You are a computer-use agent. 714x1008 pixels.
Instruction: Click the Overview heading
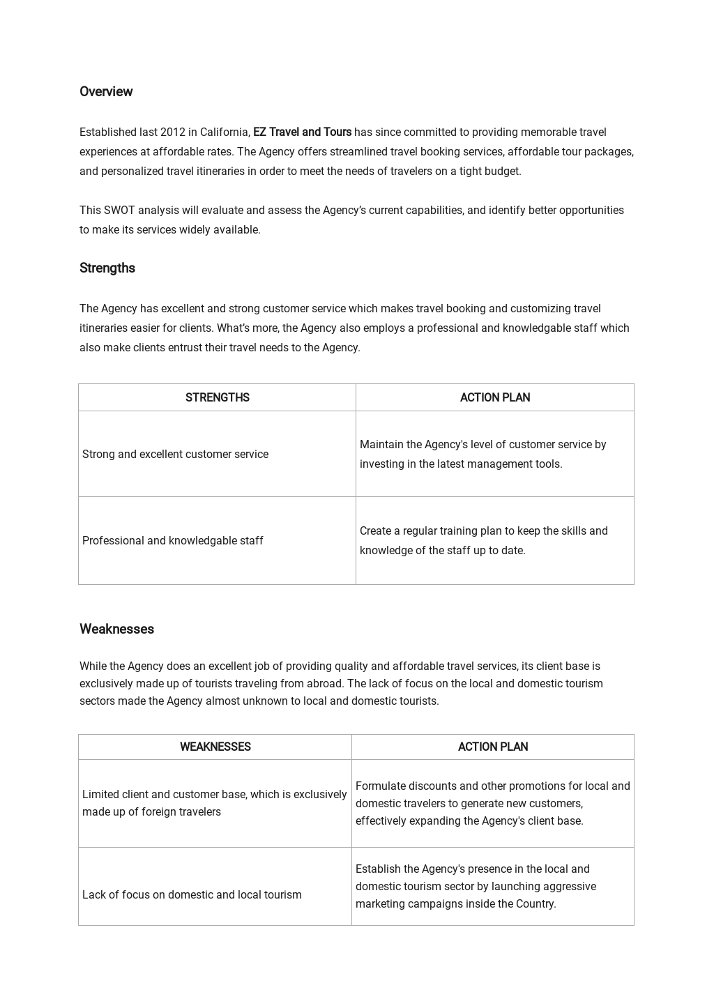[106, 92]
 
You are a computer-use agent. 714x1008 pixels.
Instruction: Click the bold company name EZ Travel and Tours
[302, 132]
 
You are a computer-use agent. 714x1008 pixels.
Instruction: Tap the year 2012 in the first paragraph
[172, 132]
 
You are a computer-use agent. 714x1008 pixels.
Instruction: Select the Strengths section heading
[107, 268]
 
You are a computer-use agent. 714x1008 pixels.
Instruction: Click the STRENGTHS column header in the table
[217, 398]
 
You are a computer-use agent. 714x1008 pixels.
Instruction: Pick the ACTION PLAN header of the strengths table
[494, 398]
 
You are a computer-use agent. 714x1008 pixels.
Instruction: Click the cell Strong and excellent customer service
[175, 455]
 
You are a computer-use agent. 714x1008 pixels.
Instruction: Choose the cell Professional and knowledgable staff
[172, 541]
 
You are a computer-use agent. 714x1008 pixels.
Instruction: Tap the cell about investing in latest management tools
[483, 455]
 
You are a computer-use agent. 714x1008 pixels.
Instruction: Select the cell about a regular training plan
[483, 541]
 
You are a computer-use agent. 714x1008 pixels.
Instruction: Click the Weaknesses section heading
[116, 629]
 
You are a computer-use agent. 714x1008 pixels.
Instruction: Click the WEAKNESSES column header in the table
[215, 747]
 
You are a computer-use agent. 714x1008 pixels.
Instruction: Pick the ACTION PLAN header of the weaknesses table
[492, 747]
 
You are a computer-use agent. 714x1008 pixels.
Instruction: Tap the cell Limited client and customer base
[214, 803]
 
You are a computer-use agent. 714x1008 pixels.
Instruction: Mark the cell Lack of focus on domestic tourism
[192, 895]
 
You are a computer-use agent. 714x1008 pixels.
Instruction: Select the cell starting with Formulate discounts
[492, 804]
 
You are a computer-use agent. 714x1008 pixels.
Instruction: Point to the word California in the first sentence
[225, 132]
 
